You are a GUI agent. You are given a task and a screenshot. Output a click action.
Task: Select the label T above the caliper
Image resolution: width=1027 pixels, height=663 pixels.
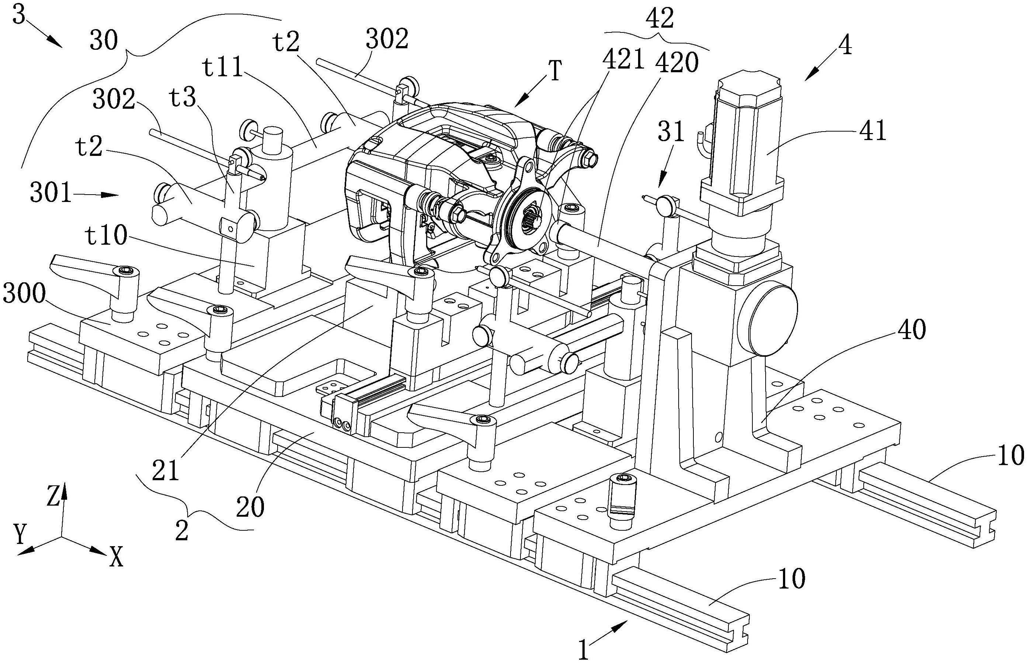556,71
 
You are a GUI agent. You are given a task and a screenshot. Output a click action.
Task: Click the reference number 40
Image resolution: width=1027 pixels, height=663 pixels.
912,331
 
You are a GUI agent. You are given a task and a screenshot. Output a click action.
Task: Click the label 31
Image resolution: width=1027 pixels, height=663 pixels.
671,131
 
